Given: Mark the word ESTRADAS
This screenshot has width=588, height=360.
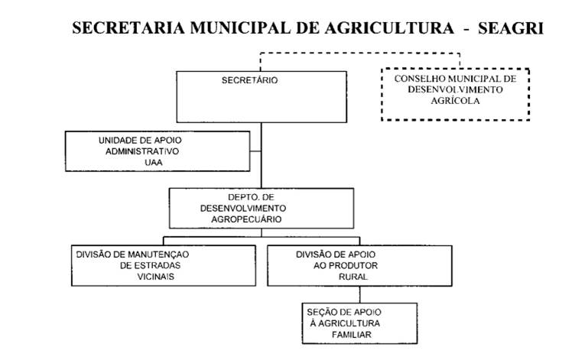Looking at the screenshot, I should click(150, 265).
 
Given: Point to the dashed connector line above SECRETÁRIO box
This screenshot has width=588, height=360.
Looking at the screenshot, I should click(359, 53).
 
